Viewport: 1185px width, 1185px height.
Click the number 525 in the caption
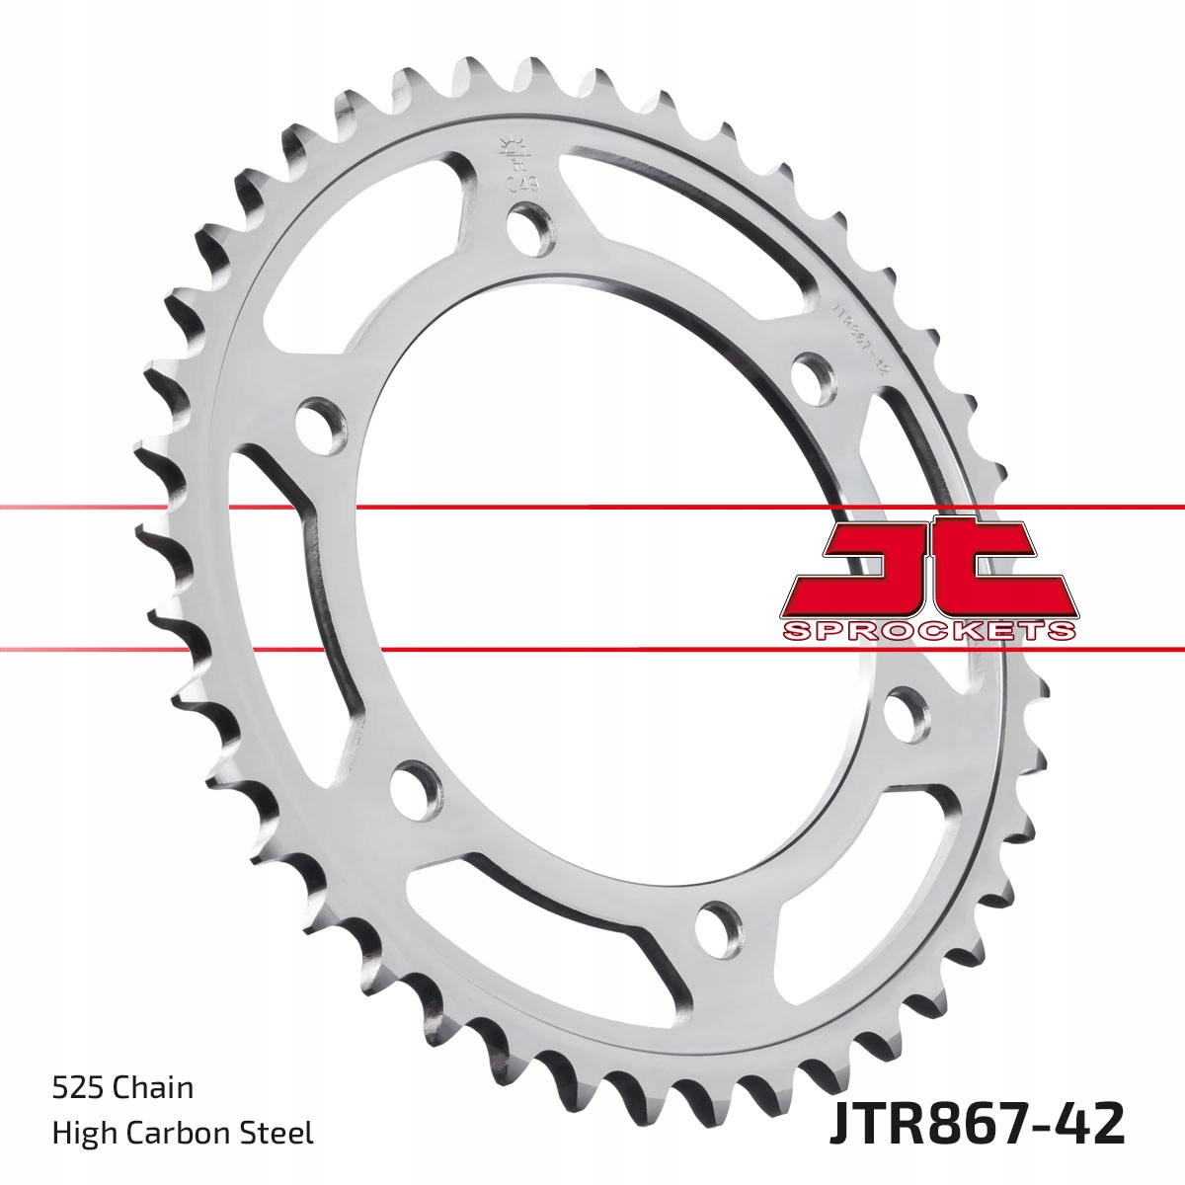click(x=77, y=1089)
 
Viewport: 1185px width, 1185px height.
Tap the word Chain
click(x=153, y=1089)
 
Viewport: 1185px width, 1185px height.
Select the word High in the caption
click(x=80, y=1133)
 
